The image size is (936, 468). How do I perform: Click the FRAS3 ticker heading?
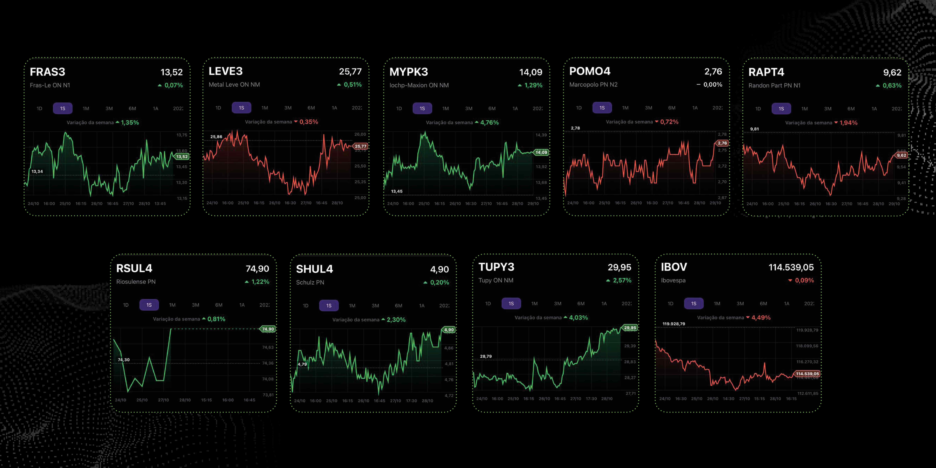pos(47,72)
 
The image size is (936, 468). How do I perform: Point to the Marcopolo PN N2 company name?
pos(593,85)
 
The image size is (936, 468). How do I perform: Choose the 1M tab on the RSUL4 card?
pos(172,305)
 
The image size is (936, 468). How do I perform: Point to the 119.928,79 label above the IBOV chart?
pos(674,324)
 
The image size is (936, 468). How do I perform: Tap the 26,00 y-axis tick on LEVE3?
pos(360,134)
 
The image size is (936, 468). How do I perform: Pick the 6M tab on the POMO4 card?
pos(671,108)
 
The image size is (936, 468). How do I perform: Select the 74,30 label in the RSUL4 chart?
pos(124,360)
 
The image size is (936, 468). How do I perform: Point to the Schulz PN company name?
pos(310,282)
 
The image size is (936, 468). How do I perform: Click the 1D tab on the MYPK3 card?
pos(399,108)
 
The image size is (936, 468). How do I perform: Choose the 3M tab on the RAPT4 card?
pos(828,109)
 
